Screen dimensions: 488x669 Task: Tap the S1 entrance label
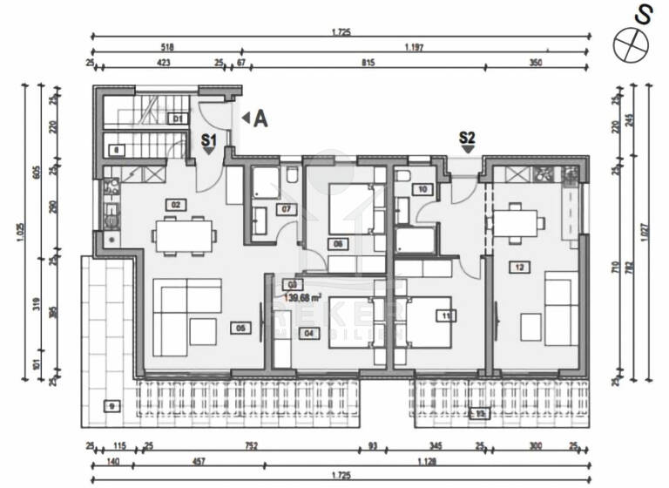coord(209,138)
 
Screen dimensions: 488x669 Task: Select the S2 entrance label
coord(468,137)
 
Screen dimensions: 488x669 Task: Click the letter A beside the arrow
coord(260,119)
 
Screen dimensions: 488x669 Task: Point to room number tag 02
coord(176,204)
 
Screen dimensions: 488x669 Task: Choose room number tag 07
coord(284,209)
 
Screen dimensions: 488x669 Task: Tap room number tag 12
coord(520,267)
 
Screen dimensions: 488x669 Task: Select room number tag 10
coord(422,188)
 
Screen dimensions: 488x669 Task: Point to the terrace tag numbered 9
coord(111,405)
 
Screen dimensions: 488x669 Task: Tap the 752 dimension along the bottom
coord(250,446)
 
